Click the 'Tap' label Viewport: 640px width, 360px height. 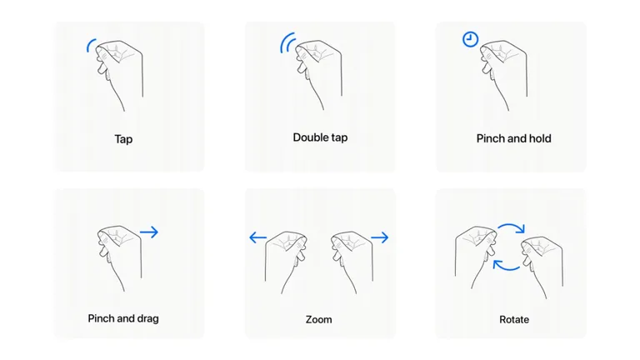click(123, 139)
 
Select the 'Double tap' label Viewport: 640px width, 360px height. click(320, 137)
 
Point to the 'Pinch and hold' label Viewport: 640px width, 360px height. click(514, 138)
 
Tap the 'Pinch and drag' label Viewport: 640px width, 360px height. click(123, 318)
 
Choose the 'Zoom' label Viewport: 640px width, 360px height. click(319, 319)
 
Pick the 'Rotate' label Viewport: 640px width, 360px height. click(514, 319)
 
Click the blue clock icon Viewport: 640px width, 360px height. click(470, 39)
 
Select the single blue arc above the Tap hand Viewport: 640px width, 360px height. click(89, 44)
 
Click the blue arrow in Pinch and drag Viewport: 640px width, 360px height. click(149, 232)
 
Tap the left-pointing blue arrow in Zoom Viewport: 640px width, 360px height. click(258, 237)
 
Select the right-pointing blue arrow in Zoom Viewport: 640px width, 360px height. click(380, 237)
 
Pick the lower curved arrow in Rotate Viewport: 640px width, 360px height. click(506, 268)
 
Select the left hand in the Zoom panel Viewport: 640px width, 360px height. click(285, 262)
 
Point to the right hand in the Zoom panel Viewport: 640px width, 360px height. click(352, 262)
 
